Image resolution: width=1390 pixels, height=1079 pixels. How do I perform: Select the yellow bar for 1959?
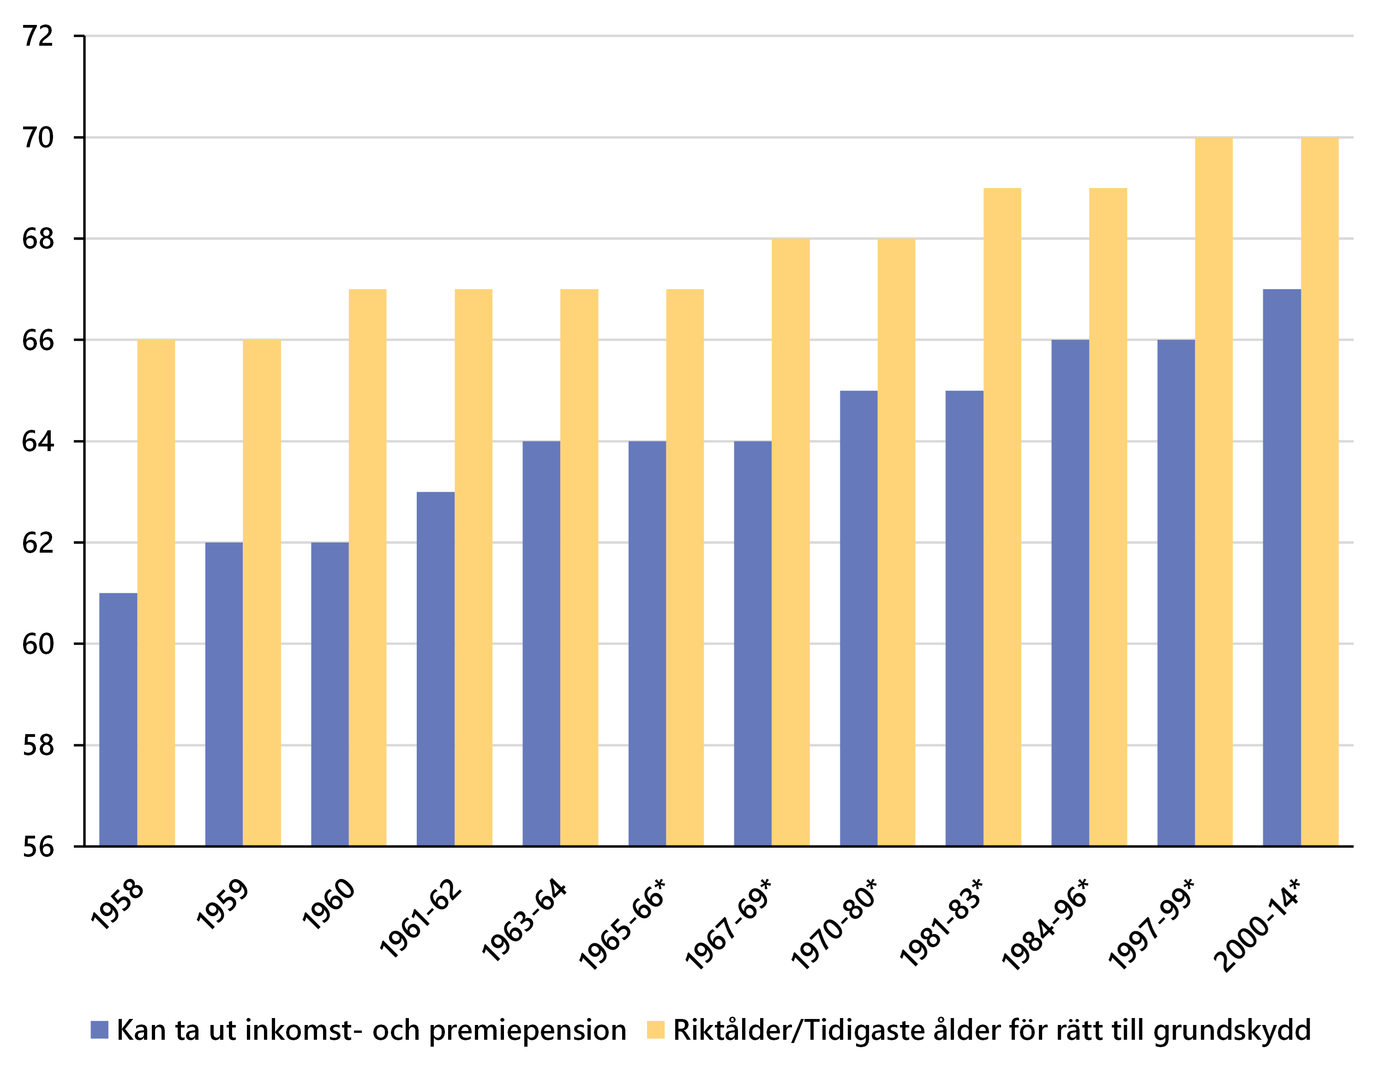click(x=262, y=592)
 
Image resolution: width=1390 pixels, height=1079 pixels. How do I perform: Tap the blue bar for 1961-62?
click(x=435, y=669)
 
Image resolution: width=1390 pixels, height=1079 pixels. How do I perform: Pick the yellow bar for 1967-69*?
click(x=791, y=541)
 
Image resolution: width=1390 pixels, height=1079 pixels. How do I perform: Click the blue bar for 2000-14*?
click(x=1282, y=567)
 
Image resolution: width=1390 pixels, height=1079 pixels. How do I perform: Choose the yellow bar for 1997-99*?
click(x=1214, y=490)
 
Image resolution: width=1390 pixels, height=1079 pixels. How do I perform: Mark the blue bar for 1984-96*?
click(x=1070, y=592)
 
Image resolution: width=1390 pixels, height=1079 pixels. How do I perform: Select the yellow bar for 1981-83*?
click(x=1002, y=516)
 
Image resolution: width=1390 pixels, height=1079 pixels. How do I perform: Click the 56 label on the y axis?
click(x=38, y=847)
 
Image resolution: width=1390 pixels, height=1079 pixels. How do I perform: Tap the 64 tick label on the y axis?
click(x=38, y=441)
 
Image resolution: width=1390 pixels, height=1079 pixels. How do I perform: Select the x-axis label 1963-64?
click(x=524, y=920)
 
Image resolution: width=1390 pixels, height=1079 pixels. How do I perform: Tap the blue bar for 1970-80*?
click(x=858, y=617)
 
